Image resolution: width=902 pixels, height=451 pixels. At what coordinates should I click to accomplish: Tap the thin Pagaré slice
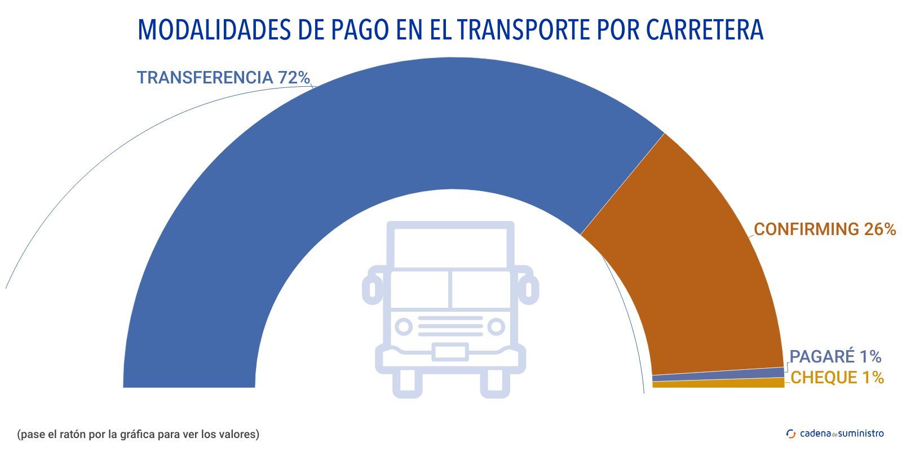point(718,374)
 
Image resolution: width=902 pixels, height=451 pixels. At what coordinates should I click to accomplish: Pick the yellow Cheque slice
point(718,383)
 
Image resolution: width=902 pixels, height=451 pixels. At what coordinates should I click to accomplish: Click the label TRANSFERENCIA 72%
point(223,78)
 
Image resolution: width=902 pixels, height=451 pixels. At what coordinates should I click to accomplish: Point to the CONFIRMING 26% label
point(825,229)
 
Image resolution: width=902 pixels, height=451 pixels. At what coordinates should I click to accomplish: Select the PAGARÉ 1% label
point(835,357)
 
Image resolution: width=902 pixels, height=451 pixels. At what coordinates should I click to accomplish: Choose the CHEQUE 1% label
point(837,378)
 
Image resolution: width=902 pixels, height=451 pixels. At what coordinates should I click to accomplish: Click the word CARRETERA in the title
point(705,30)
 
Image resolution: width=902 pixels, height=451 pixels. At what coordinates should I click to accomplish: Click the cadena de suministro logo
point(835,434)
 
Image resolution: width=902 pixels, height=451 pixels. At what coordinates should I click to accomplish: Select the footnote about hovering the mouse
point(138,435)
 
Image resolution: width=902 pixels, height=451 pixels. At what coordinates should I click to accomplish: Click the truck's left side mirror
point(372,288)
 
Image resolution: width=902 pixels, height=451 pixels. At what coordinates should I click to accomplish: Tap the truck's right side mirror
point(529,288)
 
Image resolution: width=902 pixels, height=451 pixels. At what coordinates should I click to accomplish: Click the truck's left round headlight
point(403,326)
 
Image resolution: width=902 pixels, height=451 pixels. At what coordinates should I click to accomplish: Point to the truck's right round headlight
point(496,326)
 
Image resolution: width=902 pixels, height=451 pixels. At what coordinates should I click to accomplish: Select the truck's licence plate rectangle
point(450,352)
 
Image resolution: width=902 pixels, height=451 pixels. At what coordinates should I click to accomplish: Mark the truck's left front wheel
point(407,383)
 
